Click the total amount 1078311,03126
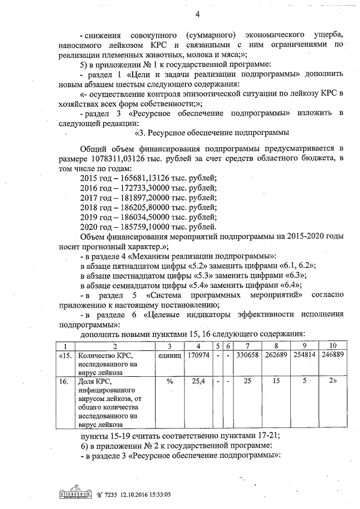click(120, 160)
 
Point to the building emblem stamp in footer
click(74, 493)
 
